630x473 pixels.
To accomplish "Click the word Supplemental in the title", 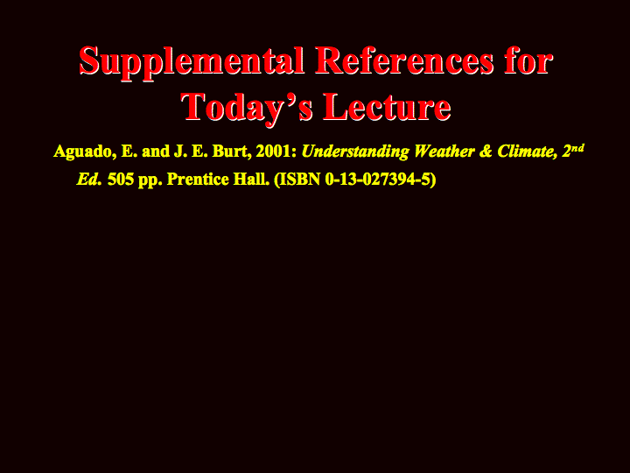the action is click(x=192, y=62).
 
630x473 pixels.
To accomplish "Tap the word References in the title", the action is click(x=404, y=60).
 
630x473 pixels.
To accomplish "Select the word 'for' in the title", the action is click(x=529, y=60).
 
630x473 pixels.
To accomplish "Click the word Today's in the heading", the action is click(x=247, y=108).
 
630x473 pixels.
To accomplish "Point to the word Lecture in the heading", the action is click(x=387, y=107).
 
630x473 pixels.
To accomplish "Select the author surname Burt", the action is click(x=231, y=152).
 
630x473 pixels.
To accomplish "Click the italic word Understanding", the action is click(x=355, y=152).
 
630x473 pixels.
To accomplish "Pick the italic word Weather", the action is click(x=444, y=152).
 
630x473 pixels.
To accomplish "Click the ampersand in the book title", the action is click(x=486, y=152).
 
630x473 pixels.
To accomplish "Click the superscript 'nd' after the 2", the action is click(x=577, y=148).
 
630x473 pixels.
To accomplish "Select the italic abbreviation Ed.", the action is click(x=88, y=180).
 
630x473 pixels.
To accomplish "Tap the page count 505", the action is click(x=121, y=180).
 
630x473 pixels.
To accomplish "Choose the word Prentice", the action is click(x=198, y=180).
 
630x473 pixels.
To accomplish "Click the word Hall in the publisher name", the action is click(x=251, y=179).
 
